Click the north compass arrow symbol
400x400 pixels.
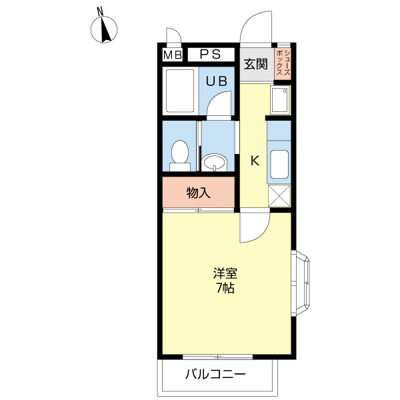(104, 29)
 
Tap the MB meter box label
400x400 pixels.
(173, 55)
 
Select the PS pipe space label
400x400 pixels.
(210, 55)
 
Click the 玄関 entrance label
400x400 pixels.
(255, 64)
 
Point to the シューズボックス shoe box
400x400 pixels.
(283, 63)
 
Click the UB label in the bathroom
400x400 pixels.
(216, 81)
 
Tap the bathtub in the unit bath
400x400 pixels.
(180, 91)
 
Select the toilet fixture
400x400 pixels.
(180, 155)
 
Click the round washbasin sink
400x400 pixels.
(214, 163)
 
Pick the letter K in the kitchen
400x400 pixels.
(255, 161)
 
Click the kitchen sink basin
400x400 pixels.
(279, 164)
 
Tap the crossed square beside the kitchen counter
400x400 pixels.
(279, 195)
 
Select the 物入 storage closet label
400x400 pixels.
(199, 193)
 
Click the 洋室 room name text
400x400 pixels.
(225, 273)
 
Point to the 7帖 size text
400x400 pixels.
(225, 288)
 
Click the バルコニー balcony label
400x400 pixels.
(215, 374)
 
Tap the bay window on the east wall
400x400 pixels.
(301, 283)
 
